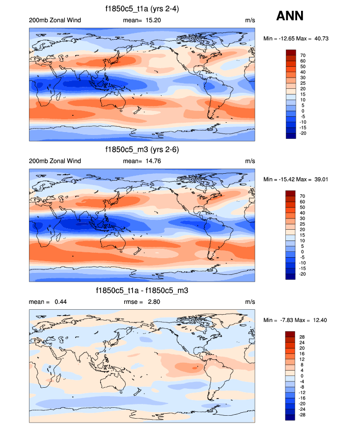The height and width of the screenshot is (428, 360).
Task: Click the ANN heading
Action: click(x=290, y=16)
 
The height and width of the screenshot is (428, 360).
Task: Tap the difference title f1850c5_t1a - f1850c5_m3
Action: click(x=142, y=291)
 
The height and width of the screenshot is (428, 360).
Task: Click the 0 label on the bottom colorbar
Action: click(x=302, y=376)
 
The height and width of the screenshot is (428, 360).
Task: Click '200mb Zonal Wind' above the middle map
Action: click(x=55, y=161)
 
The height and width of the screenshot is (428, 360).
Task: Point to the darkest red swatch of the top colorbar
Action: click(x=290, y=52)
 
